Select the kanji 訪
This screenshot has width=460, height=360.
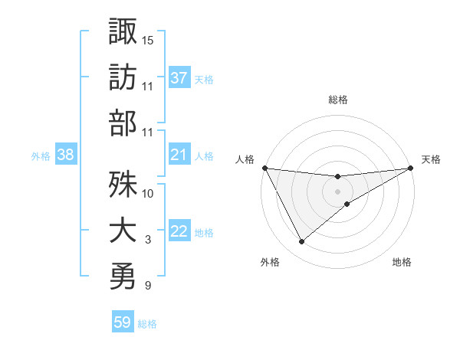(x=123, y=77)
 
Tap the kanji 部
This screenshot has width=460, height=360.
(x=123, y=123)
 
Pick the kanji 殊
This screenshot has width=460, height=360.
(x=123, y=184)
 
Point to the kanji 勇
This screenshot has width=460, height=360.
(x=123, y=276)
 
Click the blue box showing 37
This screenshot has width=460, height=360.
(x=179, y=78)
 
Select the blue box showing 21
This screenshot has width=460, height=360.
(x=179, y=155)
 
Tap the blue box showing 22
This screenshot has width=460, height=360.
(x=179, y=232)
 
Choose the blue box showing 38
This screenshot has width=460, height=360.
(x=66, y=155)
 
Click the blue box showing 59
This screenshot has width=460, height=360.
(x=123, y=322)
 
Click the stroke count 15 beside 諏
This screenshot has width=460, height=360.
(x=148, y=39)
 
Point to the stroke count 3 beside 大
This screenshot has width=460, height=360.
(x=148, y=240)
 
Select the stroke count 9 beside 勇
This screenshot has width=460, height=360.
(x=148, y=286)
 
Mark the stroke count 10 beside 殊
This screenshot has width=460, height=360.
(x=148, y=193)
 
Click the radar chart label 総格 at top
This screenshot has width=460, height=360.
(x=338, y=100)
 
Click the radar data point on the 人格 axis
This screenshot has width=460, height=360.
(x=264, y=167)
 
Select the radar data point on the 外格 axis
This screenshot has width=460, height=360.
(x=301, y=241)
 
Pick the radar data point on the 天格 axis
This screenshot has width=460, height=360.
(x=411, y=167)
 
